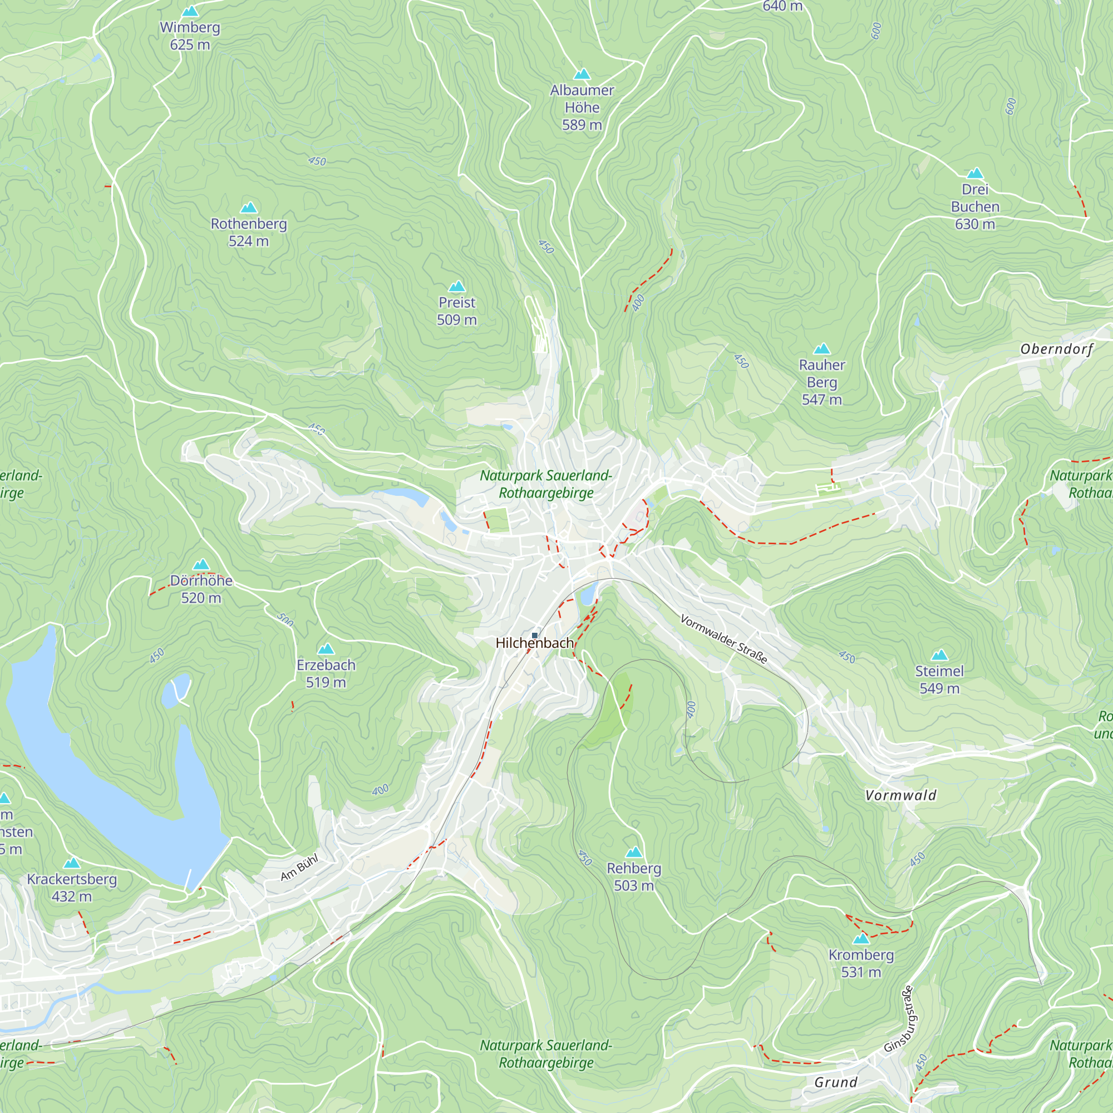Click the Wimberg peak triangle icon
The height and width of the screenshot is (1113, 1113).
point(190,12)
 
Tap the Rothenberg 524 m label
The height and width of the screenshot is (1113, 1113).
point(248,232)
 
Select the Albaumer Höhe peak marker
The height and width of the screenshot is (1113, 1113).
point(582,75)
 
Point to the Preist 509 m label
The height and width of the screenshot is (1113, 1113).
point(457,311)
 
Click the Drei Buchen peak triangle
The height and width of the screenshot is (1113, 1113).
point(975,174)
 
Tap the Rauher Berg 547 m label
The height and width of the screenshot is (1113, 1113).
point(821,382)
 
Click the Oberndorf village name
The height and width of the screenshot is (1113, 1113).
point(1057,349)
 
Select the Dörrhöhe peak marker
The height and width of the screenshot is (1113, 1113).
point(201,564)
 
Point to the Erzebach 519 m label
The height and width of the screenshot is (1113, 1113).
point(326,673)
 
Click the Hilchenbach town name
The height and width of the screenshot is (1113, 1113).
point(535,643)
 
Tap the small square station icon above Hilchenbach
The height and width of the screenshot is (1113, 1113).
point(535,636)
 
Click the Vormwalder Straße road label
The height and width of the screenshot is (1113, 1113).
point(723,639)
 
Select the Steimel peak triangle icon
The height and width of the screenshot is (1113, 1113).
point(939,655)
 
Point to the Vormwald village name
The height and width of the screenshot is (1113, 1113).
point(901,796)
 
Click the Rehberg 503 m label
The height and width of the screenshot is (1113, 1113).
point(634,876)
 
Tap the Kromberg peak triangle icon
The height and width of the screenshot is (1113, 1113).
point(861,939)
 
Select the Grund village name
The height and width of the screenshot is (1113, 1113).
point(836,1082)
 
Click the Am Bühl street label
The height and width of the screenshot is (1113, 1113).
point(299,868)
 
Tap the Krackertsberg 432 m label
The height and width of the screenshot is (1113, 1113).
point(71,888)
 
